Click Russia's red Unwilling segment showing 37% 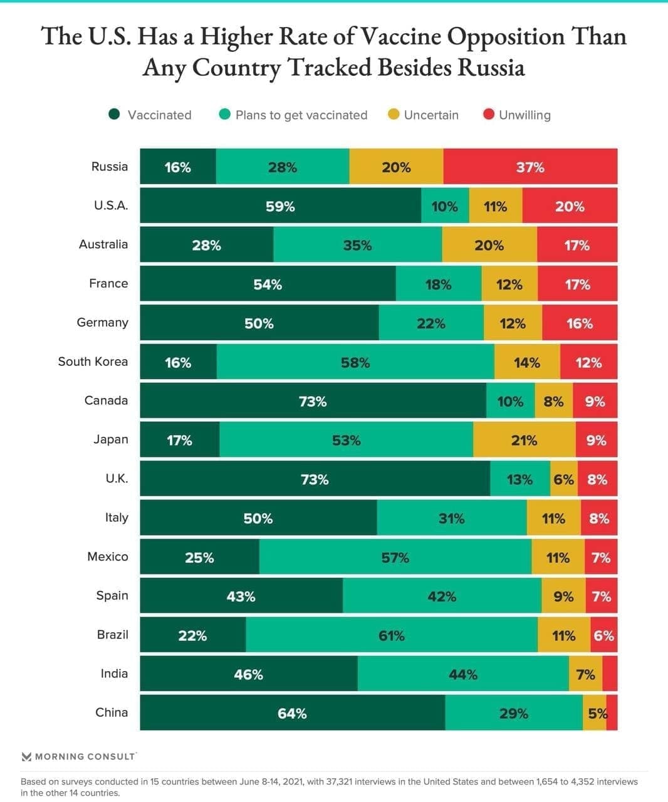530,167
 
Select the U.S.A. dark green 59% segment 280,206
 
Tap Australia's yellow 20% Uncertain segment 489,245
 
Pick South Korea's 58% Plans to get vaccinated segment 355,362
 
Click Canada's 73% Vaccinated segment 313,401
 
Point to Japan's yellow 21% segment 524,440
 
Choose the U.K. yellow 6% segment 563,479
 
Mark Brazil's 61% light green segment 392,635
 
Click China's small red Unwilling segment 612,713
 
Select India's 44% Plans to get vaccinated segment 463,674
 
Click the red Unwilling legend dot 489,114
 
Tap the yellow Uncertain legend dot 394,114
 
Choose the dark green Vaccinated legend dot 114,114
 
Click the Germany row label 102,323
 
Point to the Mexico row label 107,556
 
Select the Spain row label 112,595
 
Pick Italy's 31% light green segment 452,518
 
